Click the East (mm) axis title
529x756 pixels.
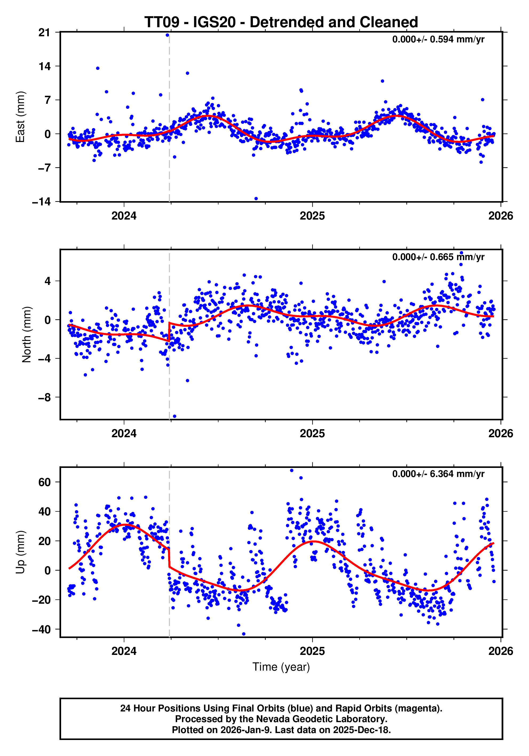(x=21, y=117)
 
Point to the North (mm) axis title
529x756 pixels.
(x=26, y=335)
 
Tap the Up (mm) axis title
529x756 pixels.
(x=21, y=552)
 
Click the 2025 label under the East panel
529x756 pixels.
(x=312, y=216)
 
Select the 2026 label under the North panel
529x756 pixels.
(x=500, y=434)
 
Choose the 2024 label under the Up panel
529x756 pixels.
(x=124, y=651)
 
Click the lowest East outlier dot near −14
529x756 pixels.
(x=256, y=198)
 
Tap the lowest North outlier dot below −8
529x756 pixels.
(x=174, y=416)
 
